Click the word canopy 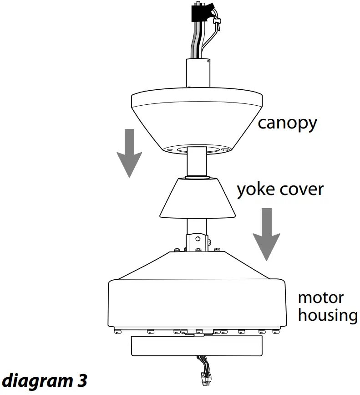(287, 123)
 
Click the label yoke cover (279, 189)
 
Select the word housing (327, 315)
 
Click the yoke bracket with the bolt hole (198, 240)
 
